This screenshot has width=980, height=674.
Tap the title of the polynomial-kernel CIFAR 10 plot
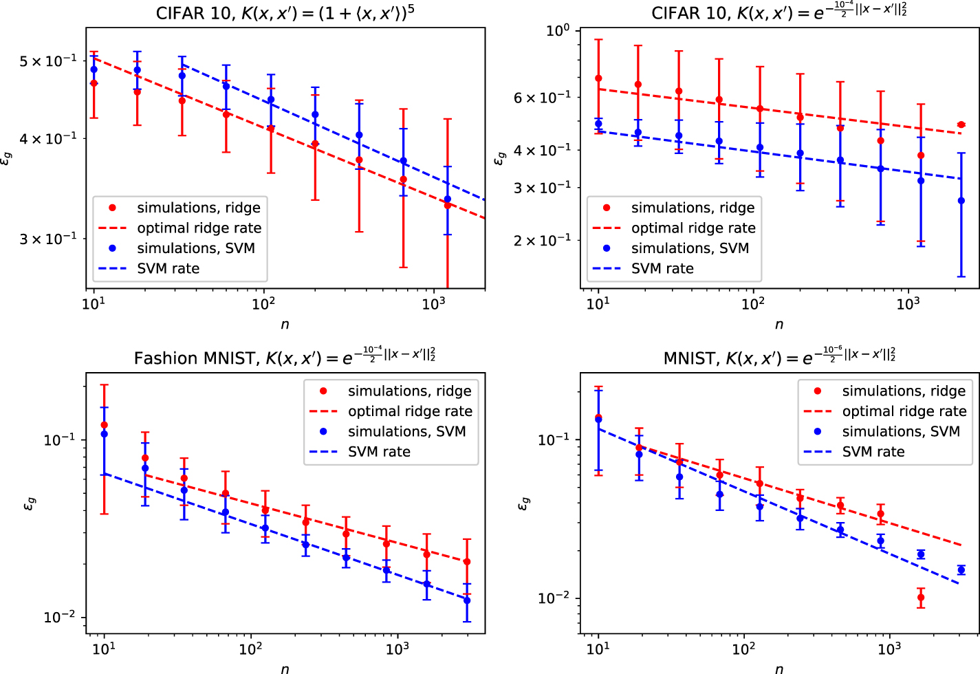(x=285, y=13)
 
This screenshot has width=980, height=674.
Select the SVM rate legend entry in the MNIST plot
(x=873, y=452)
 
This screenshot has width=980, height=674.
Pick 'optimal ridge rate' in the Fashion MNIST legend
(x=410, y=411)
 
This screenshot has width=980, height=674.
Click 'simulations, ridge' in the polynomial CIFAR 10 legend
(x=198, y=208)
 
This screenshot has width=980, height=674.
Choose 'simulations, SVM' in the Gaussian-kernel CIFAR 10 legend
(x=690, y=248)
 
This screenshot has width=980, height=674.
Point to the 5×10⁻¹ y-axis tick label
(x=48, y=61)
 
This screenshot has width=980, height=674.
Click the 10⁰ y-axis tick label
(x=557, y=31)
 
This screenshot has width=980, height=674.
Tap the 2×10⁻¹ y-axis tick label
(x=542, y=240)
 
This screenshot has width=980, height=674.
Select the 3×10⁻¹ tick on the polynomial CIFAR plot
(x=48, y=239)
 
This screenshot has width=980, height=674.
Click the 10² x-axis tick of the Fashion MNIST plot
(x=250, y=648)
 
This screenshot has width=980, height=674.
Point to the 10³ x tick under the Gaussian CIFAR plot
(x=908, y=303)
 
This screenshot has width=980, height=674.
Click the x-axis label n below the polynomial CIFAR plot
(x=285, y=324)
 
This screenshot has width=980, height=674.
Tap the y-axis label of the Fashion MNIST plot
(x=30, y=504)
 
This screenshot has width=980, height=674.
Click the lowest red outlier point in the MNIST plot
(x=921, y=598)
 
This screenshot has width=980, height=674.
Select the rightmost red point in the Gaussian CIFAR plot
(x=961, y=125)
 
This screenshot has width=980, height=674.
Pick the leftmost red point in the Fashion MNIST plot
(x=105, y=426)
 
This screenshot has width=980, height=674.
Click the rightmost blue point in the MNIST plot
(x=961, y=570)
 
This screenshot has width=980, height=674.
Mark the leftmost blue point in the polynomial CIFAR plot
(x=94, y=69)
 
